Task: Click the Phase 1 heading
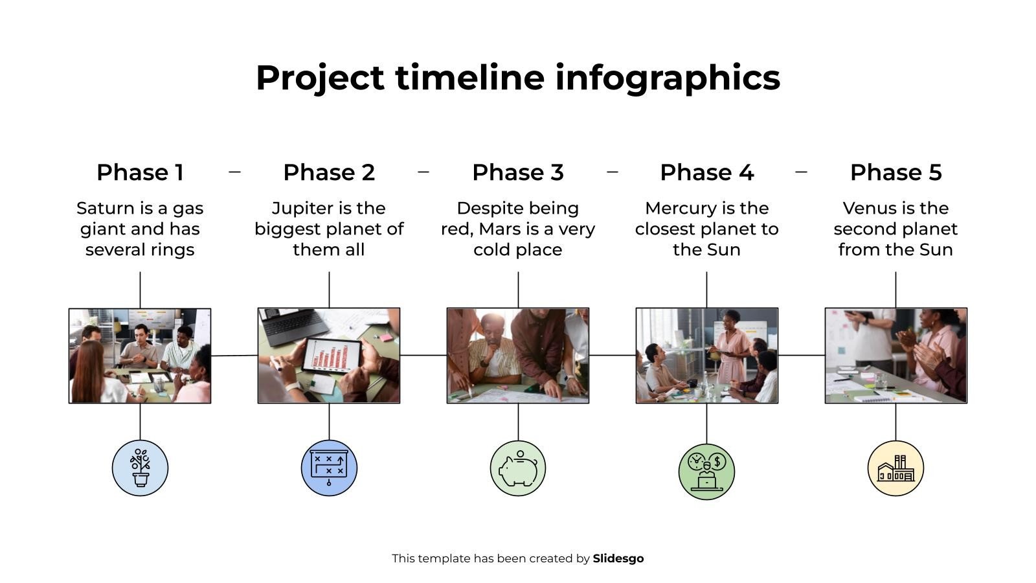140,172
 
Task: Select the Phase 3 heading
517,172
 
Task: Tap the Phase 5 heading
895,172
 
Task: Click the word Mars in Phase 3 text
500,229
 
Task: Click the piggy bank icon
517,468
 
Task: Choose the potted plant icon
140,468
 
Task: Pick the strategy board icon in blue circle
329,468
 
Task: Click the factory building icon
895,468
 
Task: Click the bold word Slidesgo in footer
618,558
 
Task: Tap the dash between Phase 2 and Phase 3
423,172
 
